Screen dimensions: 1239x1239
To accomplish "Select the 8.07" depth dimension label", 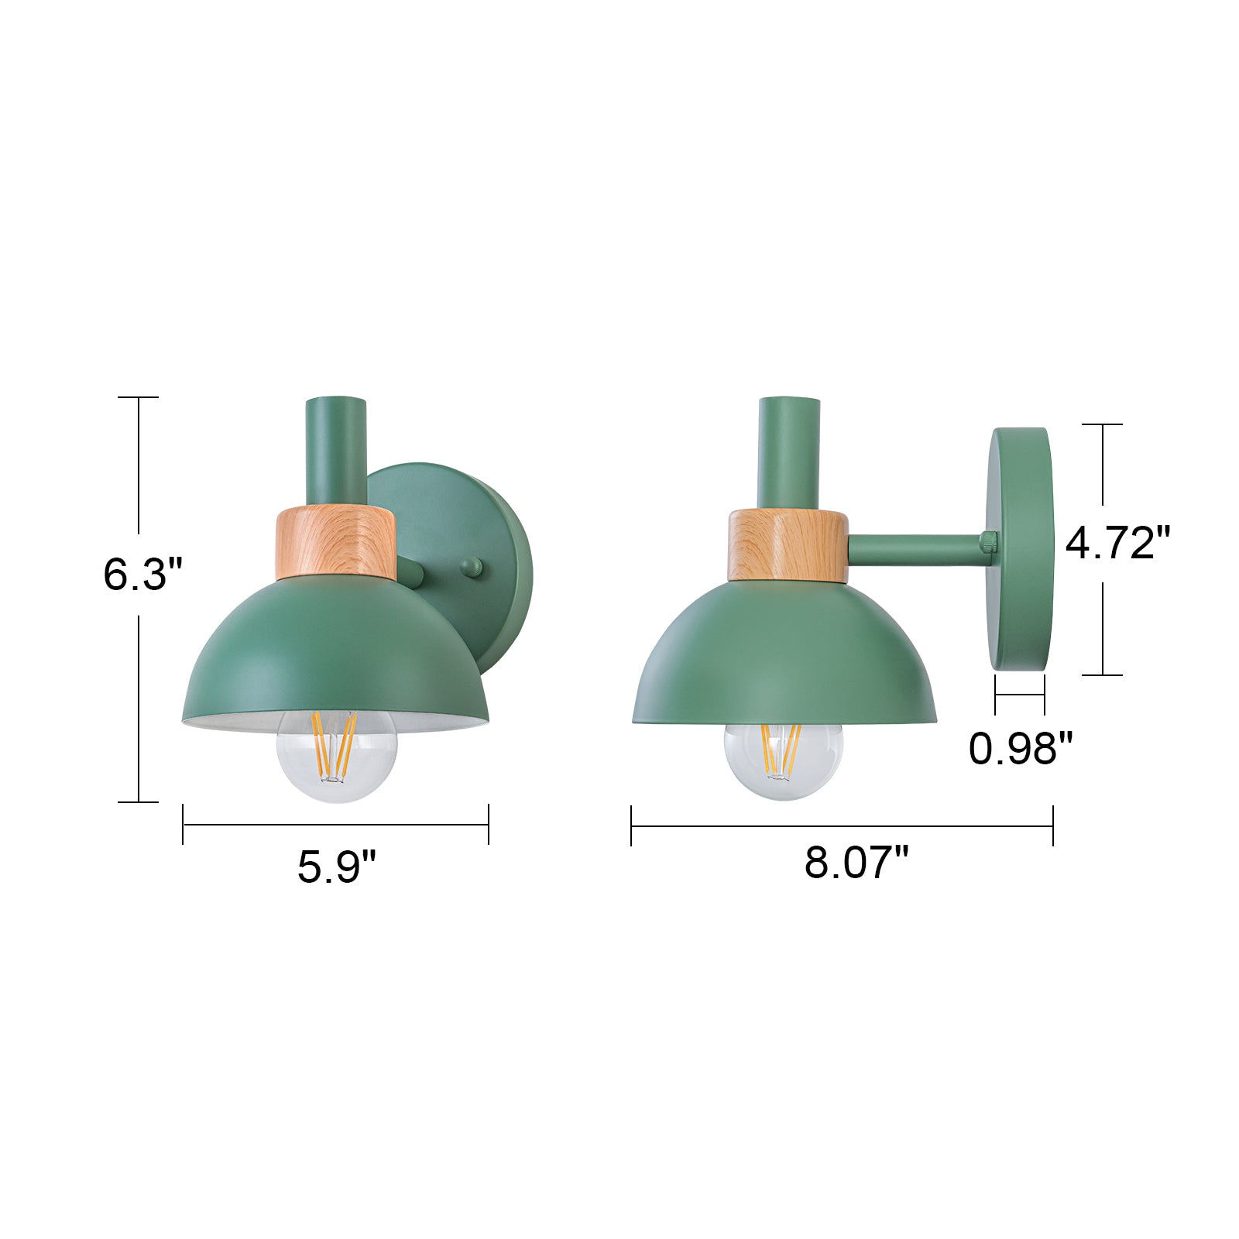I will pyautogui.click(x=856, y=862).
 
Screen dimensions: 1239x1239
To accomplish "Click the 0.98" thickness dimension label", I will pyautogui.click(x=1021, y=748).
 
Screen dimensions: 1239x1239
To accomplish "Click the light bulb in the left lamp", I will pyautogui.click(x=336, y=755).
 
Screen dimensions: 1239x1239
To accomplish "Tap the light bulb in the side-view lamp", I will pyautogui.click(x=782, y=759).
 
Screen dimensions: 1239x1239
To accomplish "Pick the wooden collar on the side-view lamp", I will pyautogui.click(x=788, y=545).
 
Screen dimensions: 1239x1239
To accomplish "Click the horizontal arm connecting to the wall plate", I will pyautogui.click(x=914, y=549).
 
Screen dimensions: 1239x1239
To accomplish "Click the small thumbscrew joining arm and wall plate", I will pyautogui.click(x=989, y=542).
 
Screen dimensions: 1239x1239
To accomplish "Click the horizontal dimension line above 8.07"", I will pyautogui.click(x=842, y=826).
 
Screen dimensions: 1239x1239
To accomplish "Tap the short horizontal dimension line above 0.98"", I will pyautogui.click(x=1020, y=695).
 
